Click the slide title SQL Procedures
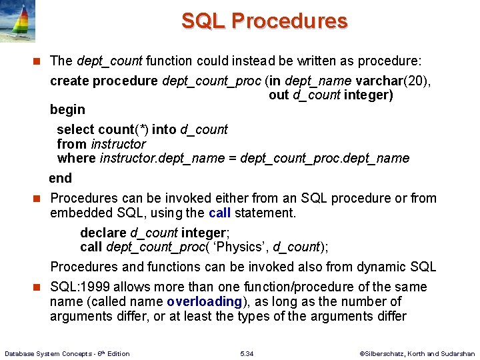(264, 21)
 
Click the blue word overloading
(204, 301)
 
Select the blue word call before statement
(219, 213)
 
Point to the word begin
(67, 109)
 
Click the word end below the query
(60, 178)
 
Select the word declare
(103, 233)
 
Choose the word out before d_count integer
(279, 95)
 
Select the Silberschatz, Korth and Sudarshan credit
(417, 353)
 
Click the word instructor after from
(118, 144)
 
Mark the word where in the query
(76, 159)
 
